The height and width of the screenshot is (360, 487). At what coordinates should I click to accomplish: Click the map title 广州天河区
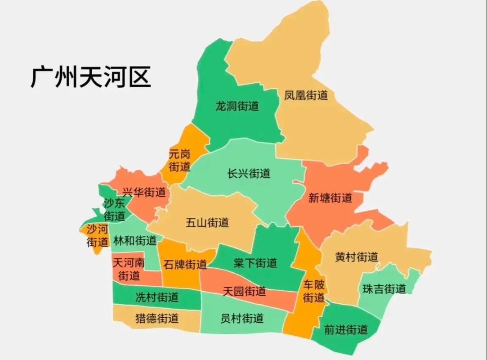90,77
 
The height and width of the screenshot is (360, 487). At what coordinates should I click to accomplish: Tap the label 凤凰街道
306,95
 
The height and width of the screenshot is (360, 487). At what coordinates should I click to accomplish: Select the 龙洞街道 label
237,107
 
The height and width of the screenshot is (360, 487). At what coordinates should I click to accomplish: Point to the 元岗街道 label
179,161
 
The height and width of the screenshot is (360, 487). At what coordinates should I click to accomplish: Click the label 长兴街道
249,173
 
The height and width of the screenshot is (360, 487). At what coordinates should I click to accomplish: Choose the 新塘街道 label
330,198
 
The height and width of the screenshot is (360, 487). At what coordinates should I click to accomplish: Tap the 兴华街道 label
144,193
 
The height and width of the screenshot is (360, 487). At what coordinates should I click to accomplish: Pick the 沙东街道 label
114,209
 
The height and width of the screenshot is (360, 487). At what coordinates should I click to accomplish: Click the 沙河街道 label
98,235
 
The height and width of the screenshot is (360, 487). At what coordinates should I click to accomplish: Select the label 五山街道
207,222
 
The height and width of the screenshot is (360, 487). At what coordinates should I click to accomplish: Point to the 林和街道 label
135,240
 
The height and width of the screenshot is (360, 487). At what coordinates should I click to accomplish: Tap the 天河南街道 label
129,269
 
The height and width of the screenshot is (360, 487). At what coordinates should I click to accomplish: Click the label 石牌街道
185,264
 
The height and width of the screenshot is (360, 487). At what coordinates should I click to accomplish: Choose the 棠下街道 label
255,263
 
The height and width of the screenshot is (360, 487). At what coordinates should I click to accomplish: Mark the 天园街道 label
244,291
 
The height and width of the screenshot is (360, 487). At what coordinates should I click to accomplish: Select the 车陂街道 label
313,291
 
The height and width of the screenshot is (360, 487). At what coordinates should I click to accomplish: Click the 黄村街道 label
357,257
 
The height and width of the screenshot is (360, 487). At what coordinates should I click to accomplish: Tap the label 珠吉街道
384,289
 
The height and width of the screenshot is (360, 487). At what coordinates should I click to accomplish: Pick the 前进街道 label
346,330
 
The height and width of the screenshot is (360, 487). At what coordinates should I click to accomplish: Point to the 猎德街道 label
157,319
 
